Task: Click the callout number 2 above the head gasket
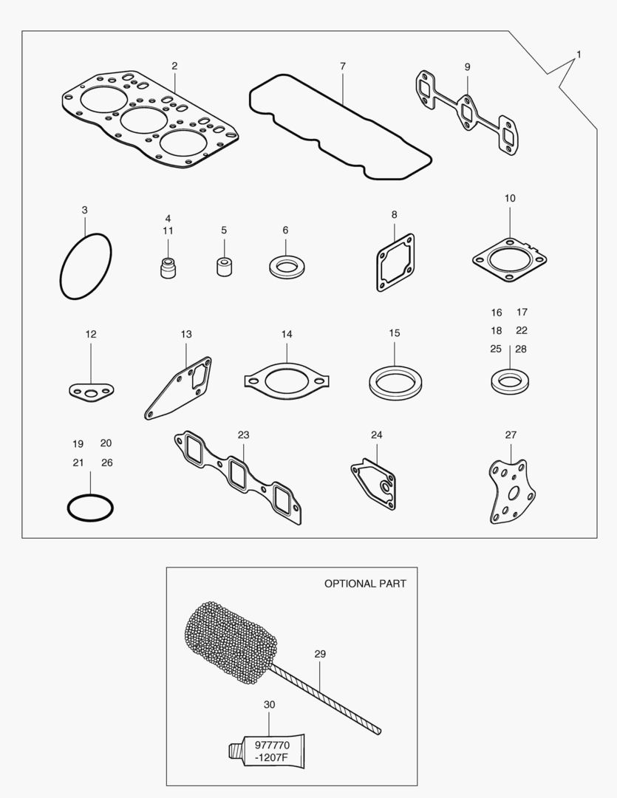pos(174,66)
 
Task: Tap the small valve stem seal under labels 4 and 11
pos(168,267)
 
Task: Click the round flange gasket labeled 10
pos(474,260)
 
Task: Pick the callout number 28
pos(521,349)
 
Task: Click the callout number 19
pos(78,444)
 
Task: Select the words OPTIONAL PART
pos(366,584)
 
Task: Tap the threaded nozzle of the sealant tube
pos(235,750)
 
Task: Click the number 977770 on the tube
pos(272,745)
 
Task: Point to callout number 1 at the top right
pos(579,54)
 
